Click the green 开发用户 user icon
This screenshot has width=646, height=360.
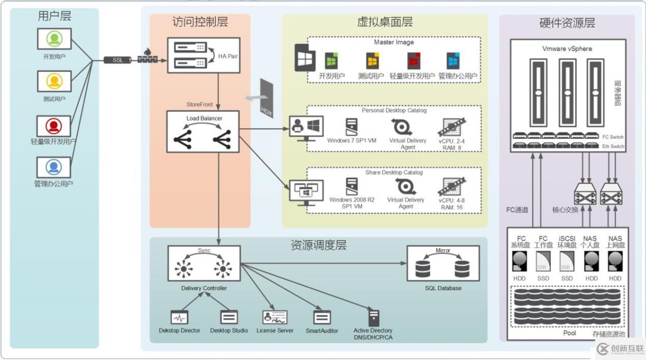(x=54, y=39)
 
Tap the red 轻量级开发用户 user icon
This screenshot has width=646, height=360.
(x=54, y=126)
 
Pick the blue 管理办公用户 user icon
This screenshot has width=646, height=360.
(x=54, y=167)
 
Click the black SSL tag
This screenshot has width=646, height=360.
(x=117, y=60)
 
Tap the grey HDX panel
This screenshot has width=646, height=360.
(x=266, y=99)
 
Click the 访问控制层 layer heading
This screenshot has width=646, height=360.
(x=200, y=22)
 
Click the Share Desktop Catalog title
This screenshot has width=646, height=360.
(x=394, y=172)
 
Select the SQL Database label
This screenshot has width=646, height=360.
(x=443, y=288)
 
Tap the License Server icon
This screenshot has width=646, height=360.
(x=275, y=317)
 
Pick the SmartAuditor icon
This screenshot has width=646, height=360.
(x=321, y=317)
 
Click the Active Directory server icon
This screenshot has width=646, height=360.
(x=374, y=318)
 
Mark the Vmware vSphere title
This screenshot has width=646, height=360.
(x=567, y=49)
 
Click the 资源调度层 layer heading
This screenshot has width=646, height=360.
(x=318, y=246)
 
